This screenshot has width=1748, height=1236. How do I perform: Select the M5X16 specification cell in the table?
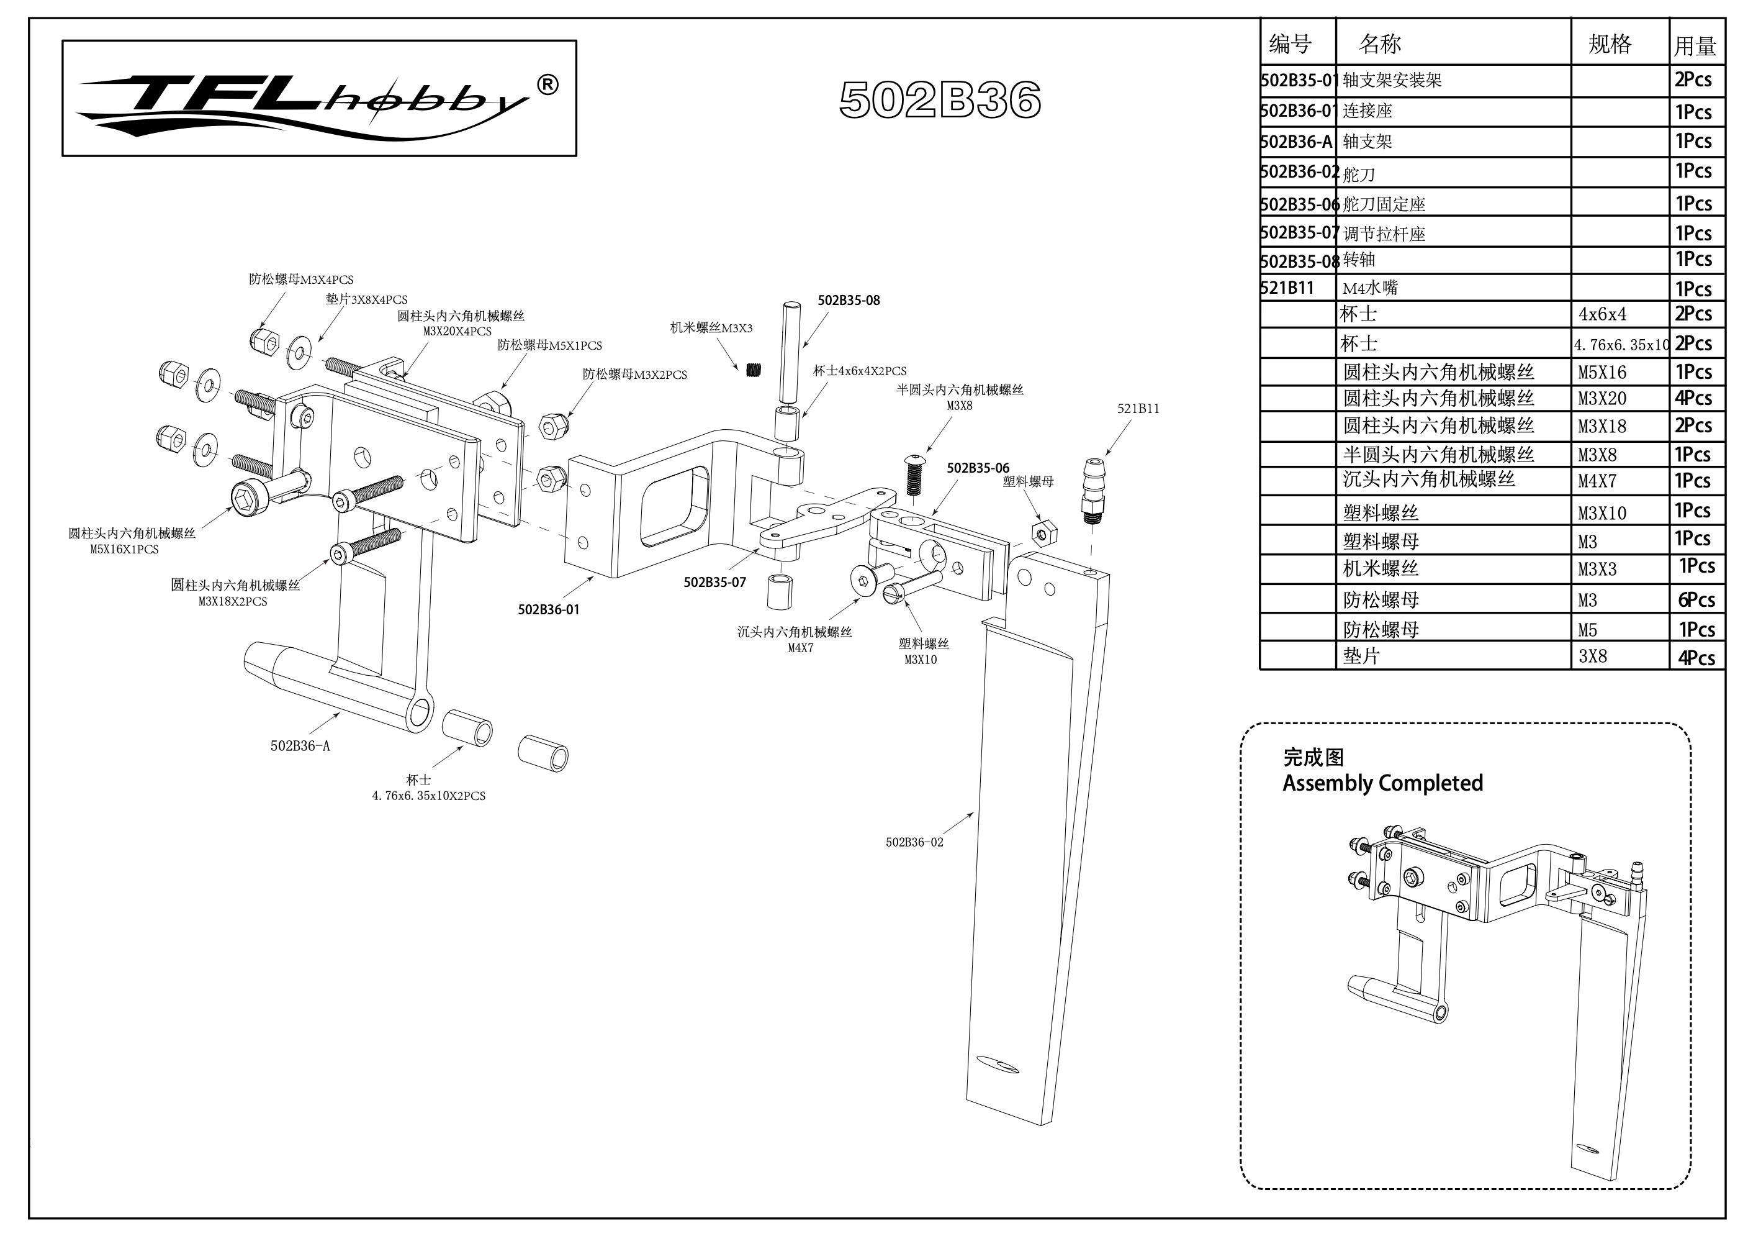[x=1602, y=373]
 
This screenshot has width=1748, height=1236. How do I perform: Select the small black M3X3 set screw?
[x=754, y=370]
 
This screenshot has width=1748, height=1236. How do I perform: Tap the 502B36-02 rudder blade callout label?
[x=914, y=842]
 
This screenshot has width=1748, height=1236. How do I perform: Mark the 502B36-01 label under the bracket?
[x=548, y=609]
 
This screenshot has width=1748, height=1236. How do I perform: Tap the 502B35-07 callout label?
[x=714, y=582]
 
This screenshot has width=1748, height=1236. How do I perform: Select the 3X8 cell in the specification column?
[x=1592, y=657]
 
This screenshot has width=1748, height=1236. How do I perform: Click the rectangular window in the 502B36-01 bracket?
[x=674, y=506]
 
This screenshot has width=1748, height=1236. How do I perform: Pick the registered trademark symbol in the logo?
[x=547, y=84]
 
